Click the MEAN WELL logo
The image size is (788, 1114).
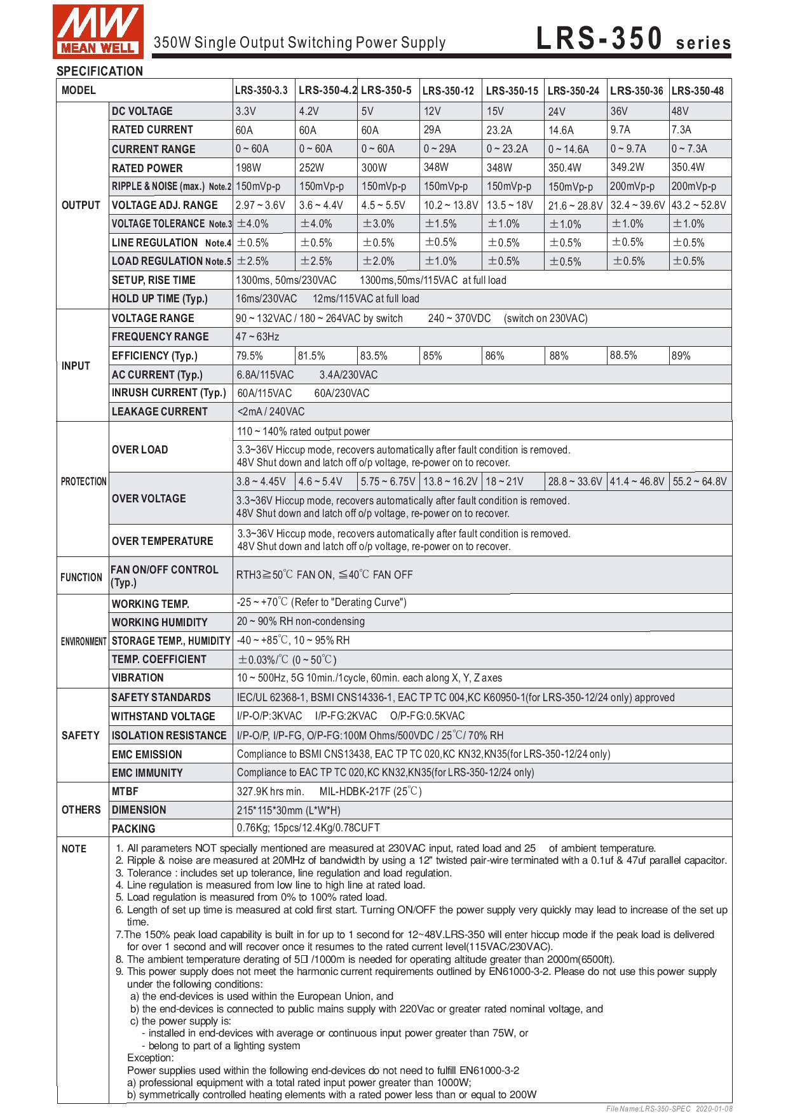tap(98, 30)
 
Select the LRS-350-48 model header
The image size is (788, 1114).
tap(698, 91)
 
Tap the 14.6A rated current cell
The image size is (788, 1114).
tap(560, 130)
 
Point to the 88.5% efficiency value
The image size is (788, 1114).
tap(623, 355)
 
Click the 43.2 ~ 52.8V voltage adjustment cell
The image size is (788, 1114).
tap(699, 206)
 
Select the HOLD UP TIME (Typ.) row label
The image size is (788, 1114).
tap(160, 299)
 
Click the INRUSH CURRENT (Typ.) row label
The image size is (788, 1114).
tap(168, 393)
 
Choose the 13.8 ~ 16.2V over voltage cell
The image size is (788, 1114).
tap(449, 481)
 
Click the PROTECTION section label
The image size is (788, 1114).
tap(83, 481)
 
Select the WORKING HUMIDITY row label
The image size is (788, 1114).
tap(160, 622)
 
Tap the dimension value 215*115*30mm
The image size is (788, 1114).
tap(289, 811)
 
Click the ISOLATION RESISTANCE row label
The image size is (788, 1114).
tap(169, 735)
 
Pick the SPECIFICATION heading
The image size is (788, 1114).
tap(100, 71)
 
